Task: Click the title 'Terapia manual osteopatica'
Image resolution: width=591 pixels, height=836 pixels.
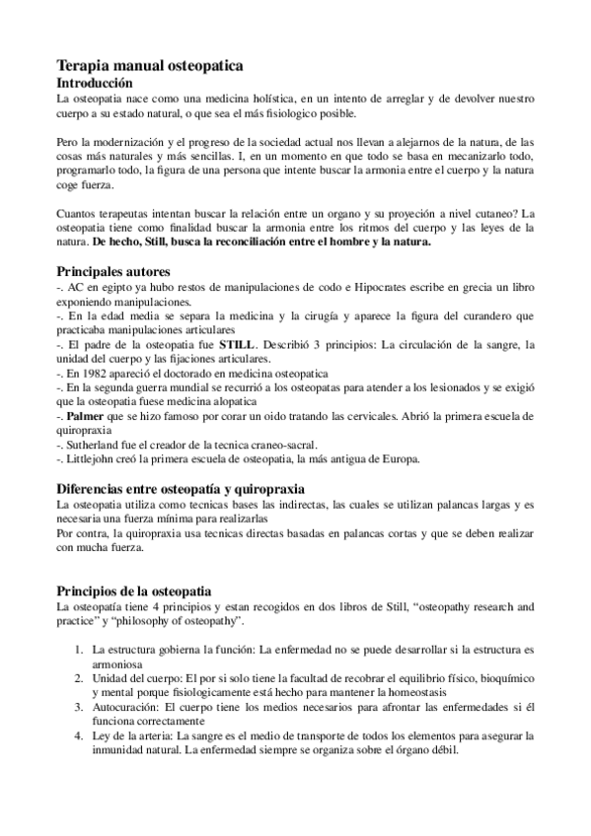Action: (x=150, y=65)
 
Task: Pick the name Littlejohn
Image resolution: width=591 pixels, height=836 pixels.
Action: (x=96, y=459)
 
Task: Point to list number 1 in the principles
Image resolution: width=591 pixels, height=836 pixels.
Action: (x=79, y=651)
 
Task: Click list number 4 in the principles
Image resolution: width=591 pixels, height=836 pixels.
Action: (x=79, y=735)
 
